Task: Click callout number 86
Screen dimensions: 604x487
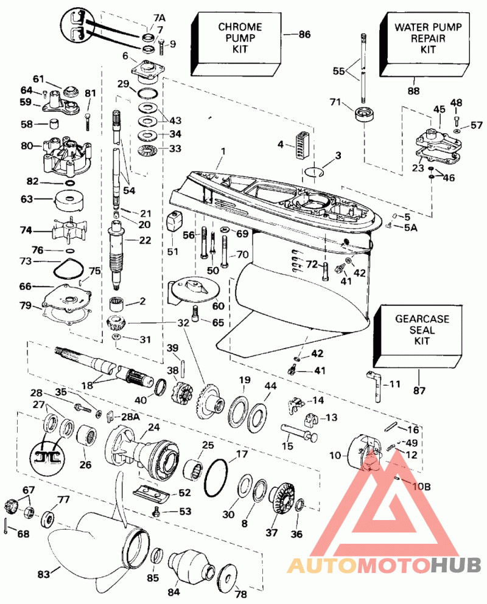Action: [304, 35]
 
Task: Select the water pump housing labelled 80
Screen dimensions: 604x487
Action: [66, 155]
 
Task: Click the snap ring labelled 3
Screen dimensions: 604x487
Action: [312, 171]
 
